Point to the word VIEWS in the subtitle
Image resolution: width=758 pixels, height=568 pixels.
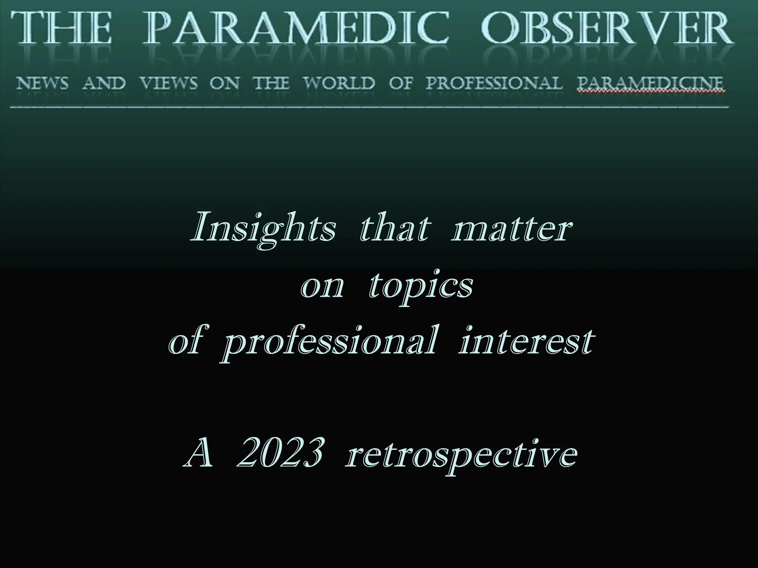click(x=168, y=84)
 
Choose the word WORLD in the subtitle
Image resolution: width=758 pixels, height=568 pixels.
click(x=339, y=84)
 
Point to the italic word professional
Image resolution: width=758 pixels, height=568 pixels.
click(x=329, y=344)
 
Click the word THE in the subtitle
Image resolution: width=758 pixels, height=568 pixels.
click(x=271, y=84)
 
